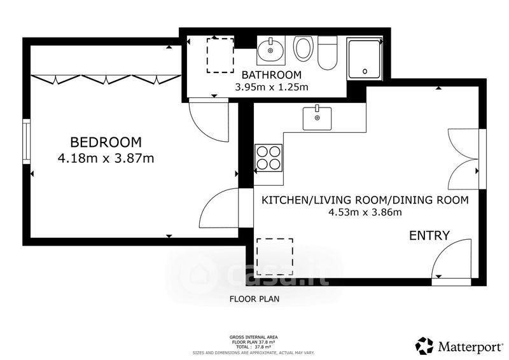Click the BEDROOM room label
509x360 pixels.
click(106, 142)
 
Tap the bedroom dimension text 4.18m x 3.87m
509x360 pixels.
click(106, 158)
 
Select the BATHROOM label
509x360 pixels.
click(272, 75)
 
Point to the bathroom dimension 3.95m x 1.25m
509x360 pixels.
click(272, 87)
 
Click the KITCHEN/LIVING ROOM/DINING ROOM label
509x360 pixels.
click(365, 200)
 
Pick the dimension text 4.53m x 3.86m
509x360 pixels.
click(365, 212)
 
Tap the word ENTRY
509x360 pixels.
click(429, 235)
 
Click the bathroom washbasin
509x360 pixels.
click(271, 50)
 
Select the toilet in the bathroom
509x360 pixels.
click(328, 53)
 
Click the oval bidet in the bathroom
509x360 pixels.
click(303, 48)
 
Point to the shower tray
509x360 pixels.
click(364, 59)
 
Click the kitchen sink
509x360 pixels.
click(317, 118)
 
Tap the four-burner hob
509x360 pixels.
click(268, 158)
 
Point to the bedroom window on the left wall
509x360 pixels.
click(26, 142)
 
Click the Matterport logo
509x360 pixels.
click(459, 346)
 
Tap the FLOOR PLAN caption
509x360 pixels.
click(254, 299)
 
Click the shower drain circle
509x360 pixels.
click(365, 71)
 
